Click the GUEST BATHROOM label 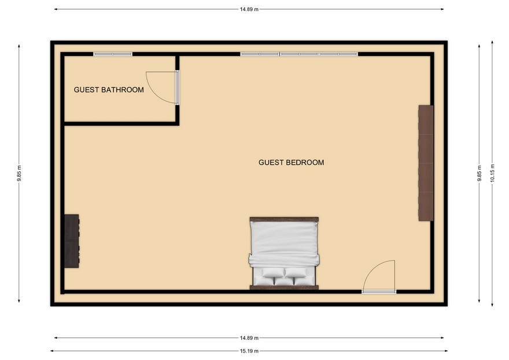point(109,90)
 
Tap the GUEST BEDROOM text point(291,163)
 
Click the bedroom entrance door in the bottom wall point(379,278)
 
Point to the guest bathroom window point(113,54)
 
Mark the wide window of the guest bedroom point(298,54)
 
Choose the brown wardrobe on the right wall point(426,163)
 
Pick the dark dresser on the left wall point(72,240)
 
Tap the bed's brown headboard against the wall point(283,286)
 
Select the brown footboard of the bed point(283,219)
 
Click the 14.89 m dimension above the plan point(249,9)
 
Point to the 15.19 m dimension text point(249,351)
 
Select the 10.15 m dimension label point(492,172)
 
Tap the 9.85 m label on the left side point(19,172)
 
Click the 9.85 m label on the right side point(479,172)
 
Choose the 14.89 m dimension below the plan point(249,338)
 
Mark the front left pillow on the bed point(272,273)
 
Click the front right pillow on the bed point(296,273)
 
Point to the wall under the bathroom point(120,123)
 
